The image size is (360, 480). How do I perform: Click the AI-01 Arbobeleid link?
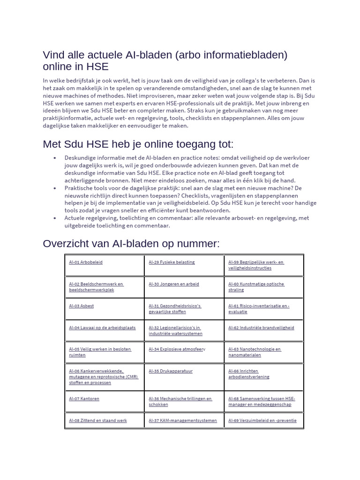point(86,262)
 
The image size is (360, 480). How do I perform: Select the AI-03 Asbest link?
point(82,306)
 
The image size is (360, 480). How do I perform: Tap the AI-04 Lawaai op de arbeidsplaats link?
point(102,328)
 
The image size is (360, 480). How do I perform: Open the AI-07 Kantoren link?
point(84,398)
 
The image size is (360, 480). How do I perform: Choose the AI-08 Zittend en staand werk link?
point(98,420)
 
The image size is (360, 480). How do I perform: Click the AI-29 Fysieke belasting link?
point(172,262)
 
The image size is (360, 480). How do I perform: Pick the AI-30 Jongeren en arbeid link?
point(174,284)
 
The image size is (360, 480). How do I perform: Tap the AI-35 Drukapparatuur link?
point(171,371)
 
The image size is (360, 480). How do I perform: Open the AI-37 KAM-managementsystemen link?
point(183,420)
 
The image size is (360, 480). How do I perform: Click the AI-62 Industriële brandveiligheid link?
point(261,328)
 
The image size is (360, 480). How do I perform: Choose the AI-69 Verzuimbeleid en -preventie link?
point(262,420)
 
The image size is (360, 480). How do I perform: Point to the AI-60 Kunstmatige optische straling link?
point(256,287)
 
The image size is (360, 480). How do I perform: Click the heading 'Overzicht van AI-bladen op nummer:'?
point(131,244)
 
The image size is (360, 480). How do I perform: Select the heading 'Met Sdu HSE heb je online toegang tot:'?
point(138,143)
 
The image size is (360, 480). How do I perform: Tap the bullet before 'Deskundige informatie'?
point(55,158)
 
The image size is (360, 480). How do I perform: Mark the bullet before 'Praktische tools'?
point(55,188)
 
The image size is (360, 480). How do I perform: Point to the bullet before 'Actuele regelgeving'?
point(55,218)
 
